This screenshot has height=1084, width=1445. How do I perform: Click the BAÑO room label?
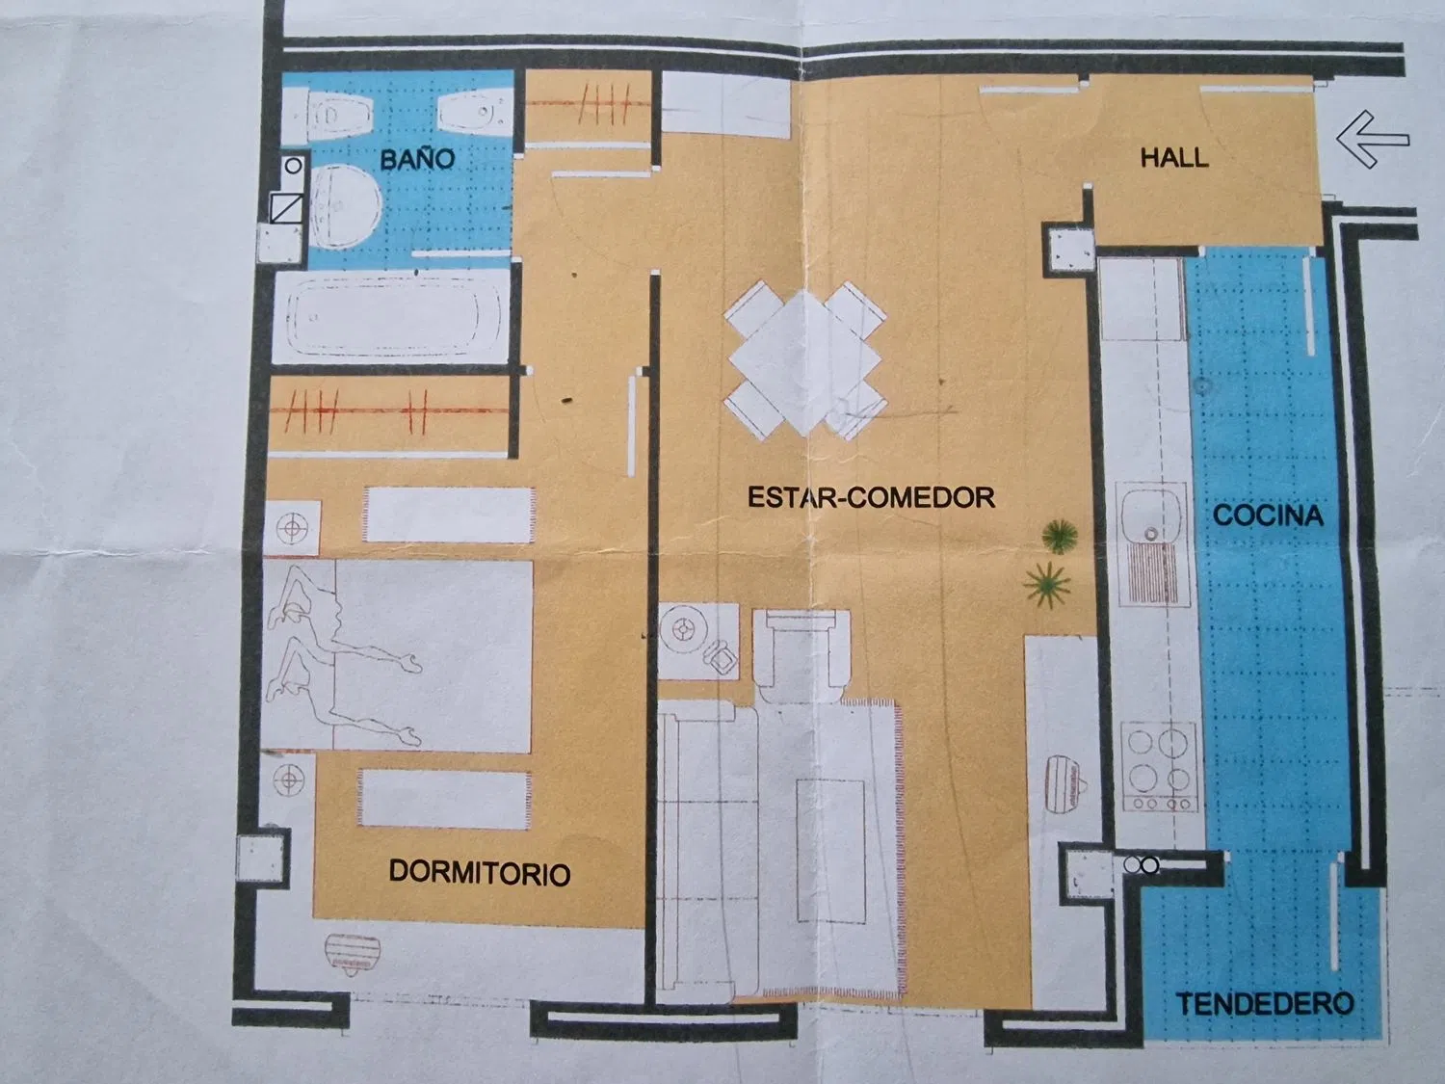416,159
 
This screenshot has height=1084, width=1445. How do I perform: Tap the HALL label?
1174,158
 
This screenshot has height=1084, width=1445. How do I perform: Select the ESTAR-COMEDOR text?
871,497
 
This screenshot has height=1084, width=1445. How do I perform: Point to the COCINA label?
1267,516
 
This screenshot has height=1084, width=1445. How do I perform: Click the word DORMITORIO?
479,873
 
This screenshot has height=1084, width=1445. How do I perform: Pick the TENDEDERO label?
1264,1004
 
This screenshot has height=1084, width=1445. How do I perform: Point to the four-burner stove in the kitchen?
1160,767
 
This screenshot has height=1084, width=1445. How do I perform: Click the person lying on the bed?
337,656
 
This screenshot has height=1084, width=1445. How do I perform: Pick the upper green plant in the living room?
1059,535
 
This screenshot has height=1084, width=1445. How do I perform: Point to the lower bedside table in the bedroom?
288,781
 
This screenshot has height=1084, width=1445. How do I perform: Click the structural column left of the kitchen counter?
1068,249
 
